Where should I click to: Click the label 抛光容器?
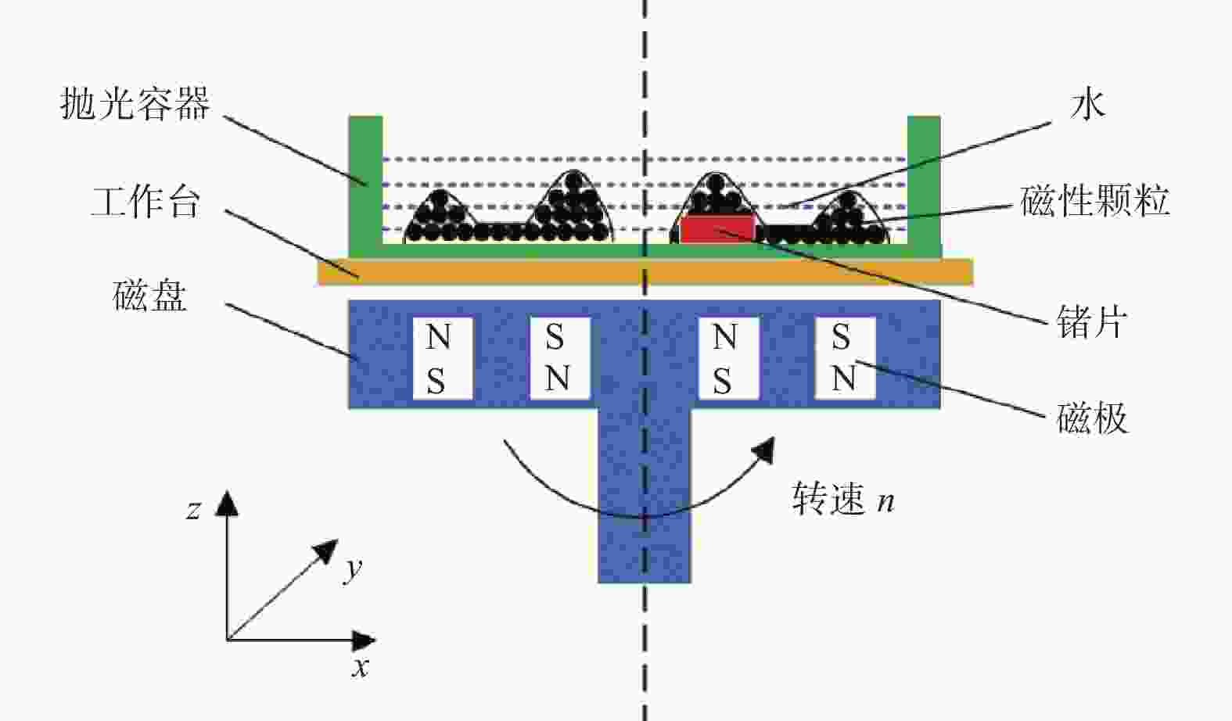(x=135, y=103)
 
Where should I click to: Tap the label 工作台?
(x=145, y=203)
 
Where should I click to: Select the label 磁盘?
(x=150, y=296)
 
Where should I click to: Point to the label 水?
(x=1087, y=105)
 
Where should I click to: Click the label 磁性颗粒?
(x=1094, y=201)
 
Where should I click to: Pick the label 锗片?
(x=1092, y=321)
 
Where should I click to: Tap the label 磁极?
(x=1092, y=418)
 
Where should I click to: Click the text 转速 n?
(x=843, y=499)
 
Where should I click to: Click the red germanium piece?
(x=717, y=228)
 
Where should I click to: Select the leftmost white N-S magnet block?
(x=443, y=358)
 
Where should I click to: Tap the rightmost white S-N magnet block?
(x=845, y=358)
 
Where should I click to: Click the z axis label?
(x=193, y=510)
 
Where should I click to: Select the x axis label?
(x=361, y=667)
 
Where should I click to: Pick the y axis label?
(x=353, y=569)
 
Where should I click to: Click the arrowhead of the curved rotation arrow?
(x=764, y=450)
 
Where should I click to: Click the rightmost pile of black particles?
(x=849, y=217)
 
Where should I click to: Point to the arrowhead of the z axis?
(x=227, y=503)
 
